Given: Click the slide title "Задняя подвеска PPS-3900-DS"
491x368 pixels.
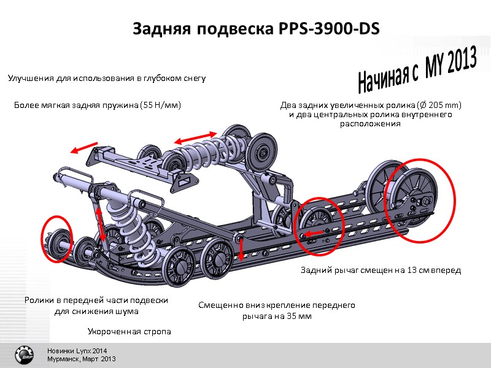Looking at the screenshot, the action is click(257, 29).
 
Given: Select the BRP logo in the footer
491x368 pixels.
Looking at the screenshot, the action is click(25, 355).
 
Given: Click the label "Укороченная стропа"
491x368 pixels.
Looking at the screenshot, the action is click(129, 331).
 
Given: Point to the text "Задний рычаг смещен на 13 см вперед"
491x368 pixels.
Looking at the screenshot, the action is click(380, 270).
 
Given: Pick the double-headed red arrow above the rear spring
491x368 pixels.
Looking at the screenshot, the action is click(196, 139).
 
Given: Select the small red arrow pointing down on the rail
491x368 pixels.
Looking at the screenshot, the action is click(241, 248).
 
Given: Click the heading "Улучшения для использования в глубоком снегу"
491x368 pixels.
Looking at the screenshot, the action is click(106, 79).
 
